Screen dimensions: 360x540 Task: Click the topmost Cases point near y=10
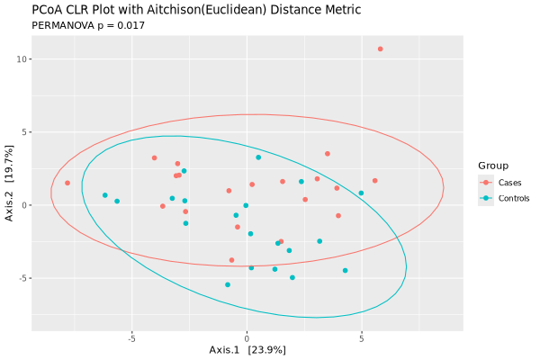click(381, 49)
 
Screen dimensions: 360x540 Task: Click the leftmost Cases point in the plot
click(67, 184)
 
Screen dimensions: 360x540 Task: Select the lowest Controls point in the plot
click(228, 285)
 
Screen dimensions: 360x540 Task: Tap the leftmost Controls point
click(104, 195)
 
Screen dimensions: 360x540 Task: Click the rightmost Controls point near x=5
click(362, 193)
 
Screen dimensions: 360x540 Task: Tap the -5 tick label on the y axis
click(22, 278)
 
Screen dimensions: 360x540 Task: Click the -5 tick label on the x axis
click(131, 339)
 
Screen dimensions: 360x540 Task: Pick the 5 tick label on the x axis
click(362, 339)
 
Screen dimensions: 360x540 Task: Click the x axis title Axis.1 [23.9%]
click(247, 350)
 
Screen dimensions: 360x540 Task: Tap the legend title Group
click(492, 166)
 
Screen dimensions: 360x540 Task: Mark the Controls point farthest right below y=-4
click(345, 271)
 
